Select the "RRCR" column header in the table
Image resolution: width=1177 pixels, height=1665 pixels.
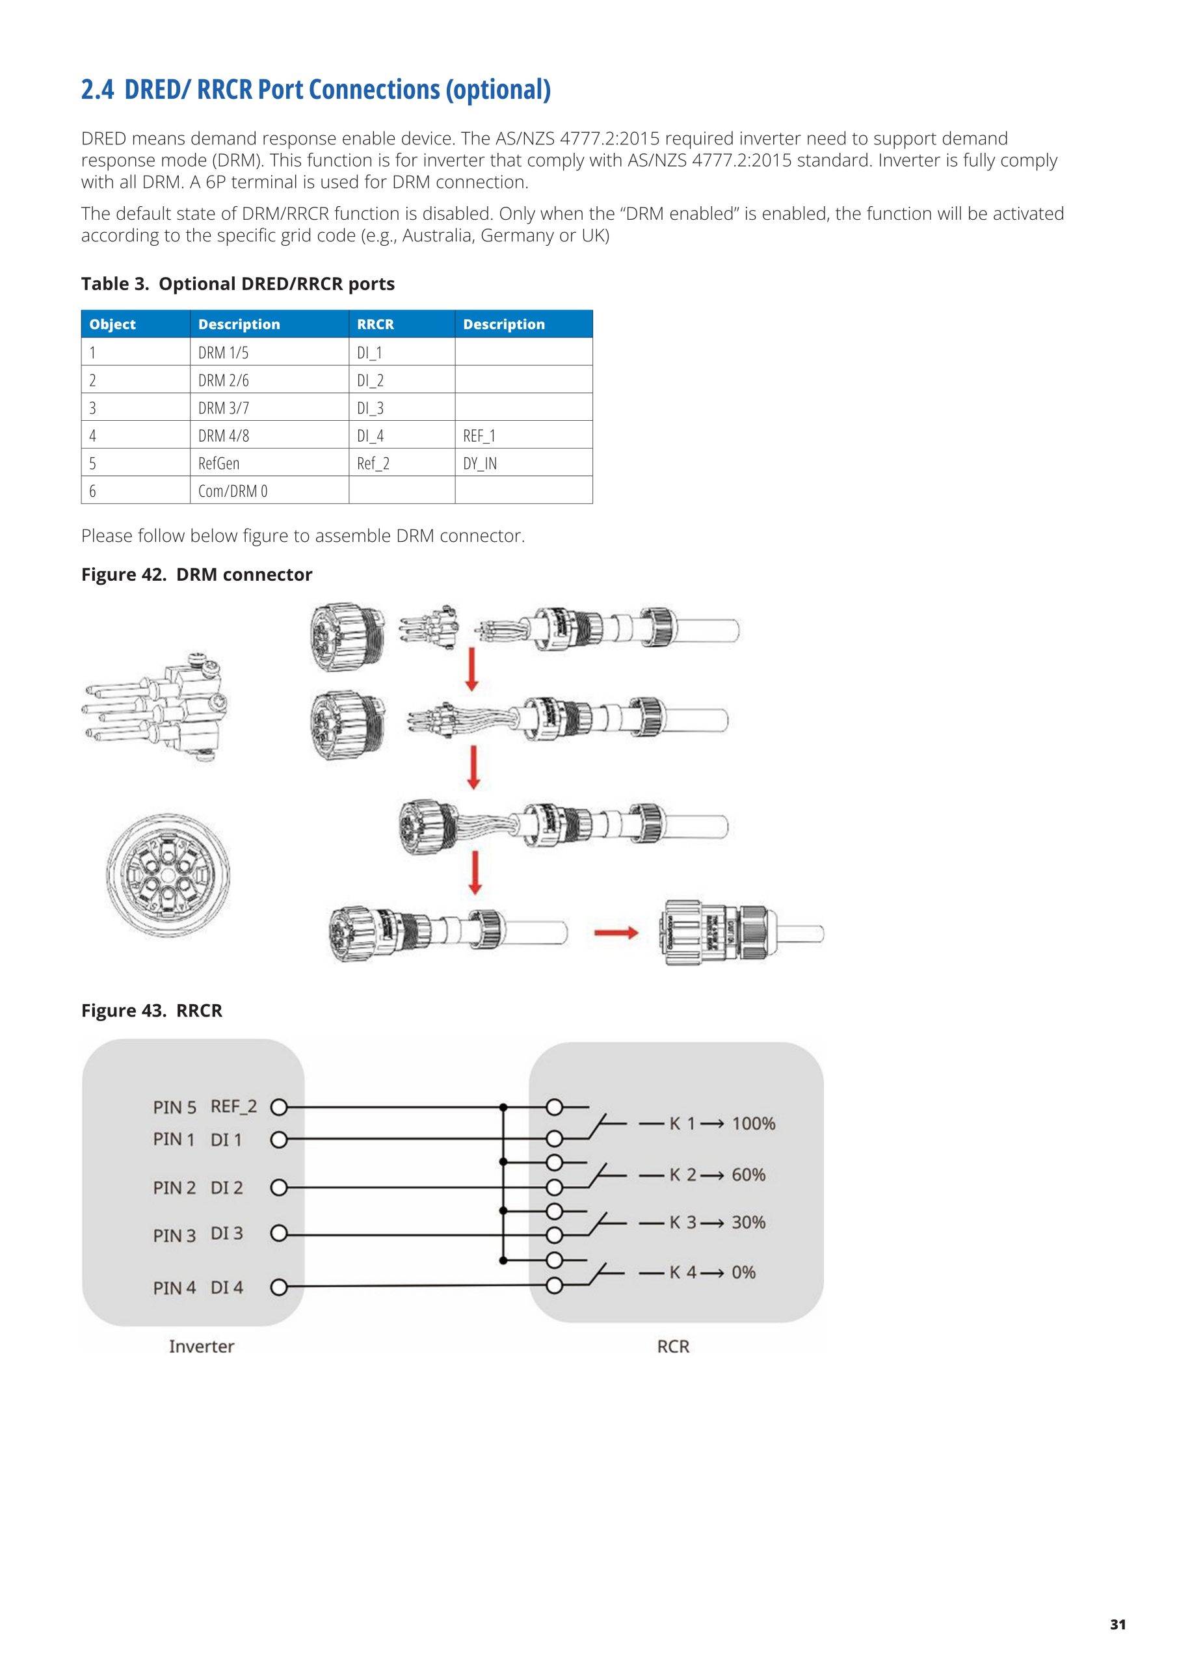(375, 324)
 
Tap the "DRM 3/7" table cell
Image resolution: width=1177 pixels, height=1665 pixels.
(223, 408)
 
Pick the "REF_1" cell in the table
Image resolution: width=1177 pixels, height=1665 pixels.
(479, 436)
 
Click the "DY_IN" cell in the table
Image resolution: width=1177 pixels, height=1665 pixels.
(479, 463)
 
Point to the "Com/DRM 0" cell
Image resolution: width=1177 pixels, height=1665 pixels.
(233, 491)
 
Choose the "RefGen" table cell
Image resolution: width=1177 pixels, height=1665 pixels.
(218, 463)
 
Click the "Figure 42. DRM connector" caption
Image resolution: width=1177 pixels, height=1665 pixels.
(196, 574)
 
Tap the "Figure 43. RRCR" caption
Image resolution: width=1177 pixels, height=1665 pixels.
(152, 1010)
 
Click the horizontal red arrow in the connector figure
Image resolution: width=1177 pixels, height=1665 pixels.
(616, 933)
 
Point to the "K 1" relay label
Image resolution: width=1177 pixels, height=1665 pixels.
(681, 1123)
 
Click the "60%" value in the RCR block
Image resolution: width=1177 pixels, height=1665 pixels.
(748, 1174)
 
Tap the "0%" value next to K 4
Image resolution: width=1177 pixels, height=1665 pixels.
(743, 1272)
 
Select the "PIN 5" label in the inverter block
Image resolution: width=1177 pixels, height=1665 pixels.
(174, 1108)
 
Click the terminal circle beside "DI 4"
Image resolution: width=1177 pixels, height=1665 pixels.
(278, 1287)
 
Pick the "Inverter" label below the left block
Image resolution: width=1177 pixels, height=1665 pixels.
(202, 1347)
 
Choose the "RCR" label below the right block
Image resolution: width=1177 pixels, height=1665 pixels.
(673, 1347)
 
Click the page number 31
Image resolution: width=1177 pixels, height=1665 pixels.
(1118, 1625)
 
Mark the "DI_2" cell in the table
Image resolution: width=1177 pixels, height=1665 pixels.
(370, 380)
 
